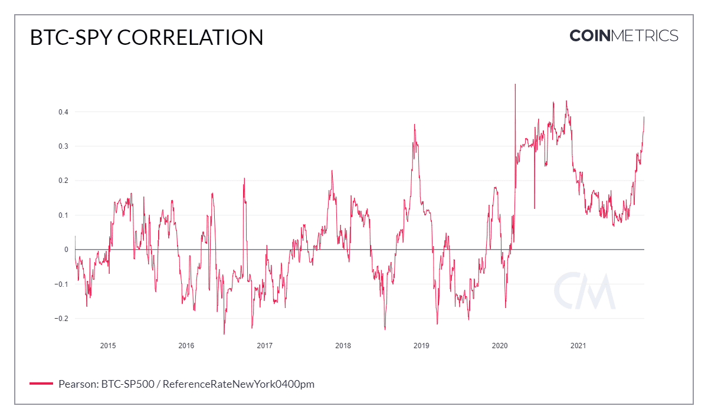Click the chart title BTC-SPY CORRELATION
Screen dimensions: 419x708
(x=146, y=37)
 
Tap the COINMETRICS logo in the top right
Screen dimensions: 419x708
(x=624, y=35)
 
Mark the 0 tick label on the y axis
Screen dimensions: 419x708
(x=66, y=250)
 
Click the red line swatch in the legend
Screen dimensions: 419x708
(x=41, y=384)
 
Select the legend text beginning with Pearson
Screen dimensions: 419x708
(x=186, y=384)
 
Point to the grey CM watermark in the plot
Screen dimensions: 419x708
(x=584, y=291)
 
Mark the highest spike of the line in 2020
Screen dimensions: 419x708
(x=515, y=85)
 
